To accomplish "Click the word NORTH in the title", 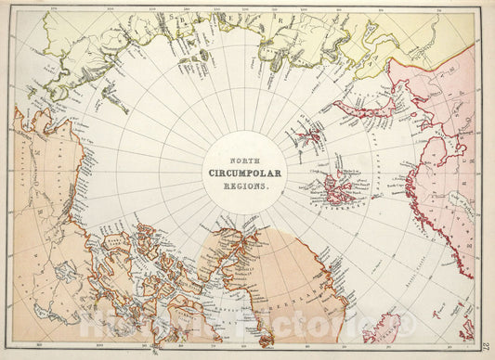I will coord(247,159).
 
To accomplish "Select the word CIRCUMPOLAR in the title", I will coord(247,173).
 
